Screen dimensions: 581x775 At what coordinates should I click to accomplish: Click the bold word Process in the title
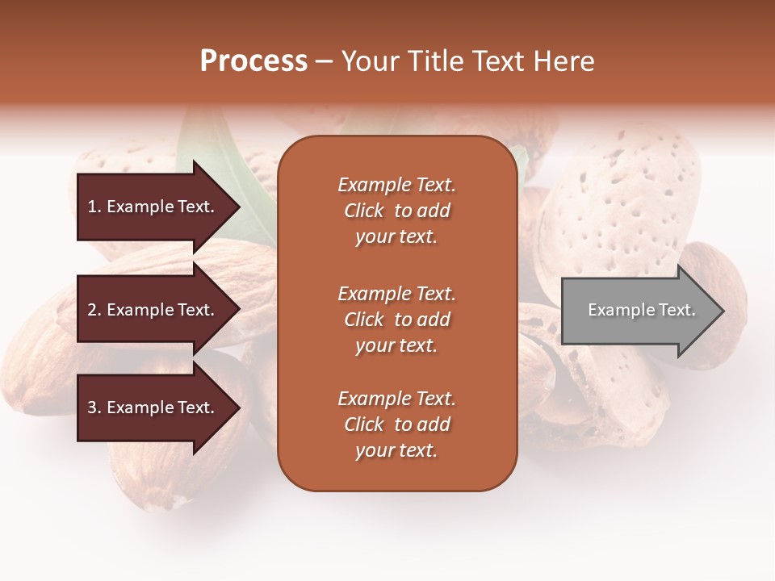click(x=253, y=61)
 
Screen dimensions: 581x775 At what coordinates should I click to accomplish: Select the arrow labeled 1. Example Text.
click(x=153, y=207)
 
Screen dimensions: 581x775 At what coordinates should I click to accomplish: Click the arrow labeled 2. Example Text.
click(x=153, y=310)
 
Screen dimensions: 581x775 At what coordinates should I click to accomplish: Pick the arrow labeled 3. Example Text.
click(x=153, y=408)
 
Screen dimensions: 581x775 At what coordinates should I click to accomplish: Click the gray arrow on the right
click(x=638, y=311)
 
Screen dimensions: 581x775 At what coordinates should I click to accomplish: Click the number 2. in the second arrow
click(x=94, y=310)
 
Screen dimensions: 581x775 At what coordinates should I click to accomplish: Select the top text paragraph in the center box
click(x=396, y=211)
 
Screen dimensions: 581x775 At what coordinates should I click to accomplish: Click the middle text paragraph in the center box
click(x=396, y=320)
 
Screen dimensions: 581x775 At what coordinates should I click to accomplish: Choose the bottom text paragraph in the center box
click(x=396, y=424)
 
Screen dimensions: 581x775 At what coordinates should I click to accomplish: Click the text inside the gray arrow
click(x=641, y=310)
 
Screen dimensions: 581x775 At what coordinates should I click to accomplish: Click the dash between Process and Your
click(x=324, y=62)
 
